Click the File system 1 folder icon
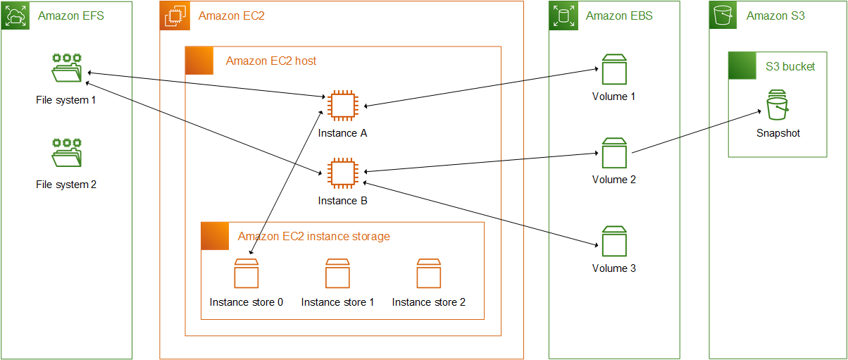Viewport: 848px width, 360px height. tap(67, 68)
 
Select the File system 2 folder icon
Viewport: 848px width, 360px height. tap(67, 154)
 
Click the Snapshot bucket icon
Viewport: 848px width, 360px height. tap(778, 106)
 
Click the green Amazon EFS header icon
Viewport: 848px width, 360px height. tap(15, 15)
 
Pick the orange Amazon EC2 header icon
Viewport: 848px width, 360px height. tap(174, 15)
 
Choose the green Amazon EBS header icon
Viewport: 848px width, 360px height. tap(563, 15)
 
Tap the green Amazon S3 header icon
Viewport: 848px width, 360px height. tap(723, 15)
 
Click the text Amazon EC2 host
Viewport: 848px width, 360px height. tap(270, 61)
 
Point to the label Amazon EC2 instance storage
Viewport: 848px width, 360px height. tap(313, 237)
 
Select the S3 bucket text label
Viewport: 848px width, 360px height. tap(790, 67)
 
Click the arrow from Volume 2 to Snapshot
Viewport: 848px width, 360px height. tap(697, 132)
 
